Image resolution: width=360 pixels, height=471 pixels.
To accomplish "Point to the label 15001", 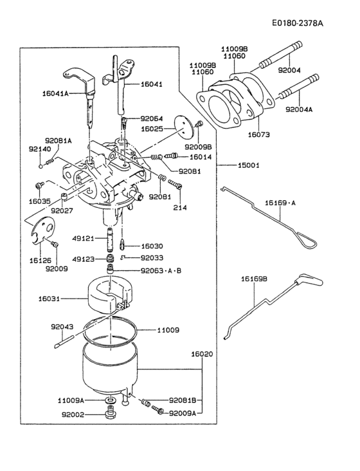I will (248, 165).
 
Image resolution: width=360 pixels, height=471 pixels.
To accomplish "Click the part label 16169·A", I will (281, 203).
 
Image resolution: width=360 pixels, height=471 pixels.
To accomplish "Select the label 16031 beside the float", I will (50, 299).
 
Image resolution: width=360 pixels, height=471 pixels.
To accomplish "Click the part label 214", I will (179, 208).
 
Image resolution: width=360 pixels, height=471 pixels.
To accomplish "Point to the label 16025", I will (153, 129).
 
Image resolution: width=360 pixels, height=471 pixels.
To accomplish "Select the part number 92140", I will (39, 149).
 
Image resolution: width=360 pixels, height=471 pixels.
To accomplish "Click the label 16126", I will (41, 260).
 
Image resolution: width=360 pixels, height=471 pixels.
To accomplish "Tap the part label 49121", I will (84, 238).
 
